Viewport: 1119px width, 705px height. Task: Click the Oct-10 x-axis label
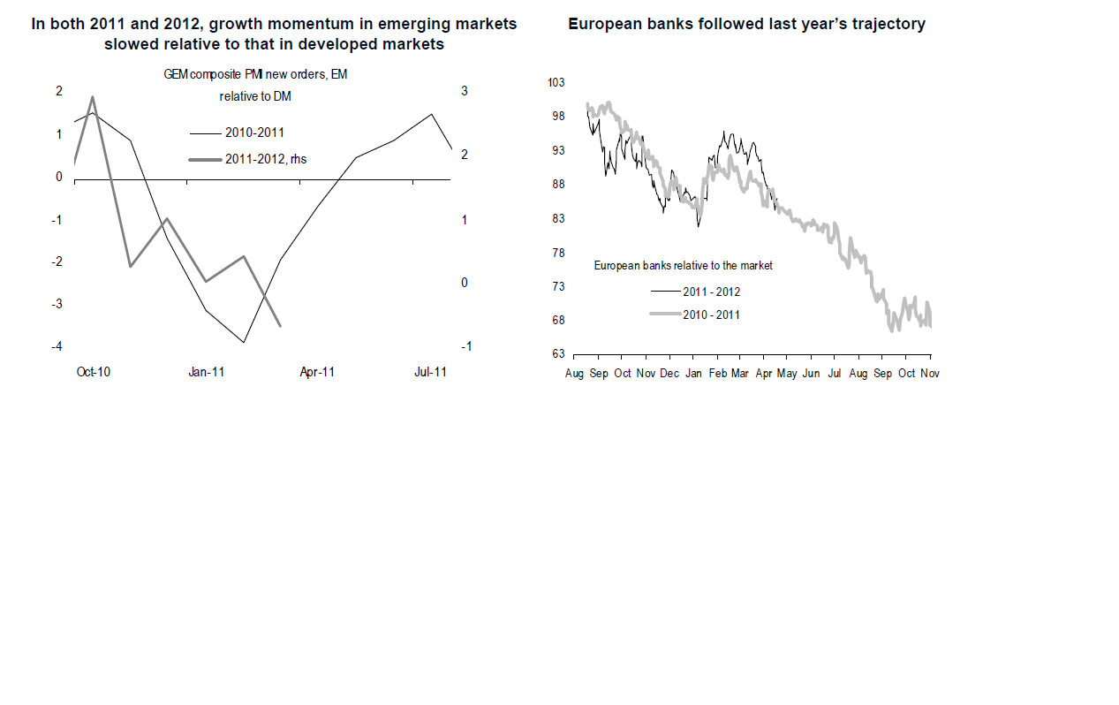[x=93, y=373]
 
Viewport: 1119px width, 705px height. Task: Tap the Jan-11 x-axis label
[x=206, y=373]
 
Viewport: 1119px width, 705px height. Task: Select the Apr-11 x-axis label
[x=317, y=373]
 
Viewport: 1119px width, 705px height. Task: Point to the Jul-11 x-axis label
[x=430, y=373]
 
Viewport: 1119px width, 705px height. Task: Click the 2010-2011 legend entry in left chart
[x=254, y=133]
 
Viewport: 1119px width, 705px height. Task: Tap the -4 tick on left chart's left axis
[x=58, y=346]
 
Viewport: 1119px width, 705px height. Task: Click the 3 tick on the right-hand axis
[x=465, y=91]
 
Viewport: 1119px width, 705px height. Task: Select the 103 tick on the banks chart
[x=556, y=83]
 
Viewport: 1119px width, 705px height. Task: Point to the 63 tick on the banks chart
[x=558, y=354]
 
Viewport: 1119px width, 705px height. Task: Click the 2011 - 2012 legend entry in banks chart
[x=711, y=292]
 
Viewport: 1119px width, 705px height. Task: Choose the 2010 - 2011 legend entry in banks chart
[x=711, y=315]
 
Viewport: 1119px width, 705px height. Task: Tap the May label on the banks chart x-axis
[x=786, y=374]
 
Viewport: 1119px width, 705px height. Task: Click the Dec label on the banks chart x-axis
[x=669, y=374]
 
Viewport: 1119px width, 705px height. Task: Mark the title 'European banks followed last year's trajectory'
[x=746, y=25]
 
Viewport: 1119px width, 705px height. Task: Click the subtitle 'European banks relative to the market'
[x=683, y=265]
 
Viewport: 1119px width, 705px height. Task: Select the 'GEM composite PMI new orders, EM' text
[x=255, y=75]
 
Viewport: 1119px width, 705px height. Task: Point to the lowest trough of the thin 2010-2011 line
[x=243, y=342]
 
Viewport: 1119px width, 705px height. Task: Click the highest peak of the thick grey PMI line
[x=93, y=97]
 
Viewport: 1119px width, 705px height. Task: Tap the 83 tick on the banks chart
[x=558, y=218]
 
